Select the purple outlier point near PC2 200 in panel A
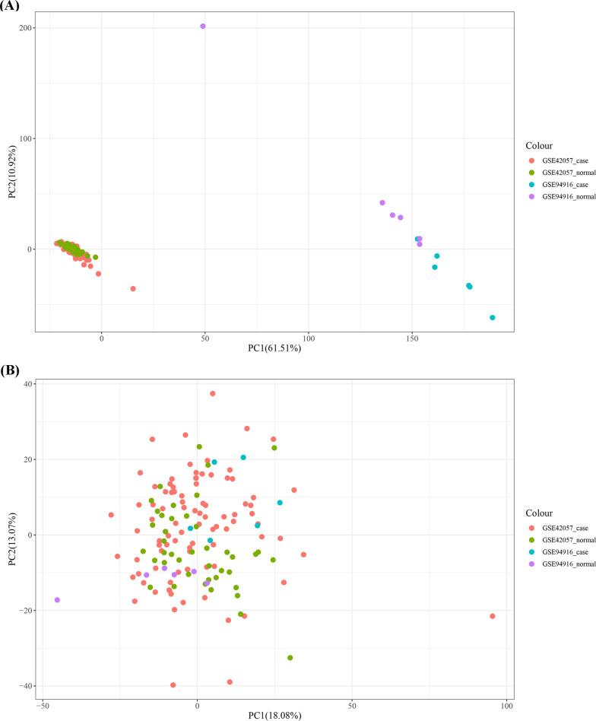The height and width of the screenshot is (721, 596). tap(203, 26)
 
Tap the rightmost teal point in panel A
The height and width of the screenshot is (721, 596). tap(493, 317)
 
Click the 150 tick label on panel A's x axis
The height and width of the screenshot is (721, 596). tap(411, 339)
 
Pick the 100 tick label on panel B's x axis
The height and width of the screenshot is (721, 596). tap(504, 707)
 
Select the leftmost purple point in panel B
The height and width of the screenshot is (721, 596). tap(57, 600)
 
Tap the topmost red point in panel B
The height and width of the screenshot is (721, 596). tap(213, 393)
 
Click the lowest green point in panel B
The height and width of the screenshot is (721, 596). tap(290, 657)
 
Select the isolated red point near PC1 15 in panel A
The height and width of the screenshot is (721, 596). tap(133, 288)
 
